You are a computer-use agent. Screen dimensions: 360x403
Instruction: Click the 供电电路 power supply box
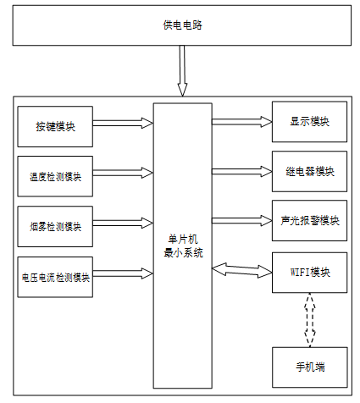pyautogui.click(x=182, y=25)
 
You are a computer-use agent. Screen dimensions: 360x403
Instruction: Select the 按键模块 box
pyautogui.click(x=55, y=126)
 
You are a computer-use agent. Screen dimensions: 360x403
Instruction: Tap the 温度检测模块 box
pyautogui.click(x=55, y=176)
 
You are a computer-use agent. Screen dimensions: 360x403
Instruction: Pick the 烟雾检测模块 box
pyautogui.click(x=55, y=226)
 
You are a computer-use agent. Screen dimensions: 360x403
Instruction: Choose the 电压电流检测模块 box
pyautogui.click(x=55, y=277)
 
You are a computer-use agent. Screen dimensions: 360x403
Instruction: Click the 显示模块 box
pyautogui.click(x=309, y=122)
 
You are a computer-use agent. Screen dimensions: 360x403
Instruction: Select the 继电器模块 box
pyautogui.click(x=309, y=171)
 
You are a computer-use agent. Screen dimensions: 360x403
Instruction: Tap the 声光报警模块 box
pyautogui.click(x=309, y=220)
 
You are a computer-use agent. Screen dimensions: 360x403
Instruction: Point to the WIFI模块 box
pyautogui.click(x=309, y=273)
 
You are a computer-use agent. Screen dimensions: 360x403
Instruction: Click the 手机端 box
pyautogui.click(x=310, y=367)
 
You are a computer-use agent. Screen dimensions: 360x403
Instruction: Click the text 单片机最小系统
pyautogui.click(x=183, y=246)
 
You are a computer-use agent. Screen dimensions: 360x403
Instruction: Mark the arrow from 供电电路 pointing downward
pyautogui.click(x=182, y=71)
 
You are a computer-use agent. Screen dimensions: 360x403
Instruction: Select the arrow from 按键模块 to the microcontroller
pyautogui.click(x=123, y=123)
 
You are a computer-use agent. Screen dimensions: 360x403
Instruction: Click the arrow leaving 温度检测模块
pyautogui.click(x=123, y=173)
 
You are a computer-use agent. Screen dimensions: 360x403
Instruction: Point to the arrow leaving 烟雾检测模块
pyautogui.click(x=123, y=223)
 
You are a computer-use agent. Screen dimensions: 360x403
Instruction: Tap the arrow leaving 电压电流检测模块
pyautogui.click(x=123, y=273)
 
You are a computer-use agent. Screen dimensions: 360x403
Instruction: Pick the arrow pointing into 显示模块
pyautogui.click(x=242, y=122)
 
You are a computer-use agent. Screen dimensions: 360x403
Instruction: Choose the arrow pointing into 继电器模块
pyautogui.click(x=242, y=171)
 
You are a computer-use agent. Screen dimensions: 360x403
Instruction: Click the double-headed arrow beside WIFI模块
pyautogui.click(x=242, y=270)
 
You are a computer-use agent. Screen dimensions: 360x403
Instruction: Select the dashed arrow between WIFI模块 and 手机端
pyautogui.click(x=310, y=320)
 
